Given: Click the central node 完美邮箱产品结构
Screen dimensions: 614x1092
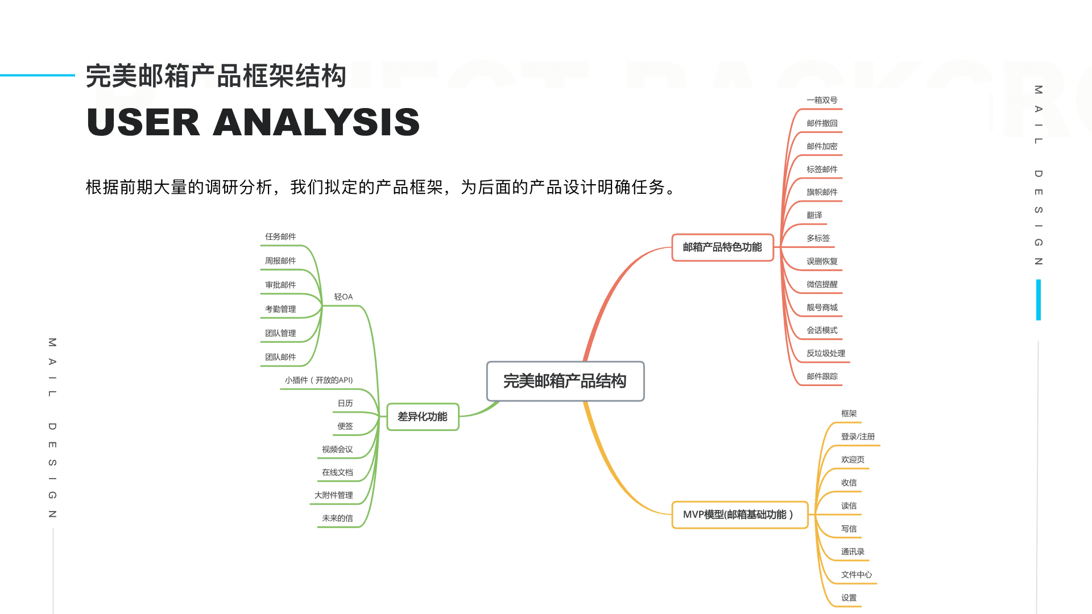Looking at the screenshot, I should (x=565, y=381).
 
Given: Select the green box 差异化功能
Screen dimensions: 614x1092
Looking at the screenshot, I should (x=423, y=417).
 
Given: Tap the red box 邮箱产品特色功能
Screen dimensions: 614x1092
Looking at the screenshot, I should (x=722, y=247).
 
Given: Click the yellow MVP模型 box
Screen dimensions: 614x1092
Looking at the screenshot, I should (x=739, y=515).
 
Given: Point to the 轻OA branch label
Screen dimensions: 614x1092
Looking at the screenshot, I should (x=344, y=297).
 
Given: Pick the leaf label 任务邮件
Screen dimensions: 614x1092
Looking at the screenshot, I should (x=280, y=237).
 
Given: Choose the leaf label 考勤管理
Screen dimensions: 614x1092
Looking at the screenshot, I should (x=280, y=309).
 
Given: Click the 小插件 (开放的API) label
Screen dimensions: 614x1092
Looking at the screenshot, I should (x=318, y=380).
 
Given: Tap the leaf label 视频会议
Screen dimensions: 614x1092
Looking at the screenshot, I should (x=337, y=449).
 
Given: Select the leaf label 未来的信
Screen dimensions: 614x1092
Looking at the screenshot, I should (x=337, y=518).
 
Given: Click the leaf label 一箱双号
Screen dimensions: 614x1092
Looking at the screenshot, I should (x=822, y=100).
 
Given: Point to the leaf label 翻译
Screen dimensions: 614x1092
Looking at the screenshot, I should (x=814, y=215).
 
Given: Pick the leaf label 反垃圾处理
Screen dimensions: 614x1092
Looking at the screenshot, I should (x=826, y=353).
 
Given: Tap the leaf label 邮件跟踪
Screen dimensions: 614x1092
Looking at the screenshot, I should (x=822, y=376).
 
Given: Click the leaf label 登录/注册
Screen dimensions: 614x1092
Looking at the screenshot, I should (x=858, y=437).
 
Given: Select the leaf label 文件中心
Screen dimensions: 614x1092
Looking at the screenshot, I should (x=857, y=575).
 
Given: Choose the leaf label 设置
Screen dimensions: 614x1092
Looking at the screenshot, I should (x=849, y=598).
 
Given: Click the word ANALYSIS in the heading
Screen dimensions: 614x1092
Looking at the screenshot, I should (x=316, y=122).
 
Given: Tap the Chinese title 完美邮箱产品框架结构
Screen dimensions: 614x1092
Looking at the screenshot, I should (x=216, y=76).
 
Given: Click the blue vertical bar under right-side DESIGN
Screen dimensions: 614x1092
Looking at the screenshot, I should (x=1039, y=300).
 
